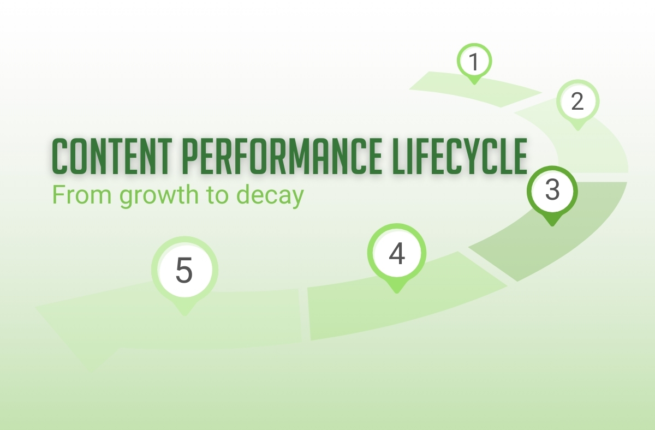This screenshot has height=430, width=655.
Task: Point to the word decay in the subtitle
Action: coord(269,195)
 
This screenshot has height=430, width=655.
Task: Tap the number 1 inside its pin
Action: coord(474,62)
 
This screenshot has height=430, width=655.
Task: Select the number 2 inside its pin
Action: coord(577,101)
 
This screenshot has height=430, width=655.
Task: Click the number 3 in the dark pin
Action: coord(552,190)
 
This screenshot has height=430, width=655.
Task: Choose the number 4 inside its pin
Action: coord(397,253)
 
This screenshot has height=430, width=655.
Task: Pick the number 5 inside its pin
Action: coord(184,271)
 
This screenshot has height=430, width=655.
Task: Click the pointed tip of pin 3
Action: coord(552,224)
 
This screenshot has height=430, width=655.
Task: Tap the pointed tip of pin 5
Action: coord(184,314)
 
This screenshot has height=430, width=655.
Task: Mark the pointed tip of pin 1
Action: coord(474,83)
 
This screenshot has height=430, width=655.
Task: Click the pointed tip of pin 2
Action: coord(577,129)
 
